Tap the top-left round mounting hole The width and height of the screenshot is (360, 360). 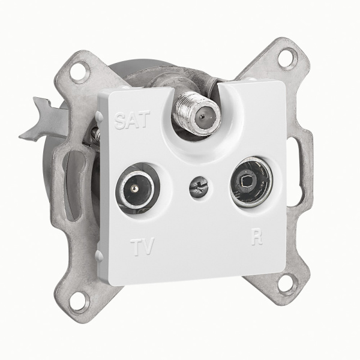79,73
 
